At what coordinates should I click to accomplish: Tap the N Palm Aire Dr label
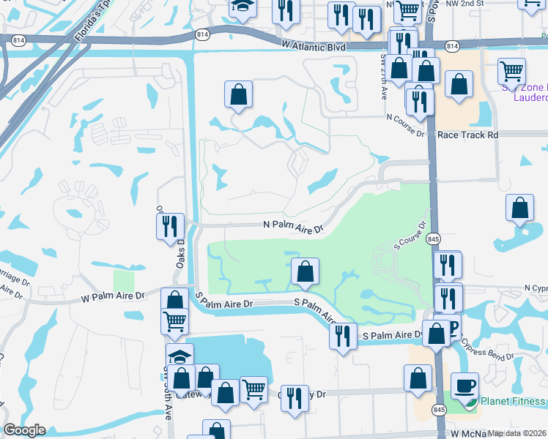(294, 228)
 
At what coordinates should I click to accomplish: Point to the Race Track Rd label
(467, 135)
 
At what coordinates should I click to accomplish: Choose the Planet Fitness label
(513, 401)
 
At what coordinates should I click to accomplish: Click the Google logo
(24, 430)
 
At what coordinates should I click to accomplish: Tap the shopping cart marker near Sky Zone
(511, 70)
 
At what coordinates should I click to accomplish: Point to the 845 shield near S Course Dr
(433, 239)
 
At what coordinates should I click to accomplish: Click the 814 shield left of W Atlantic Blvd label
(203, 34)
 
